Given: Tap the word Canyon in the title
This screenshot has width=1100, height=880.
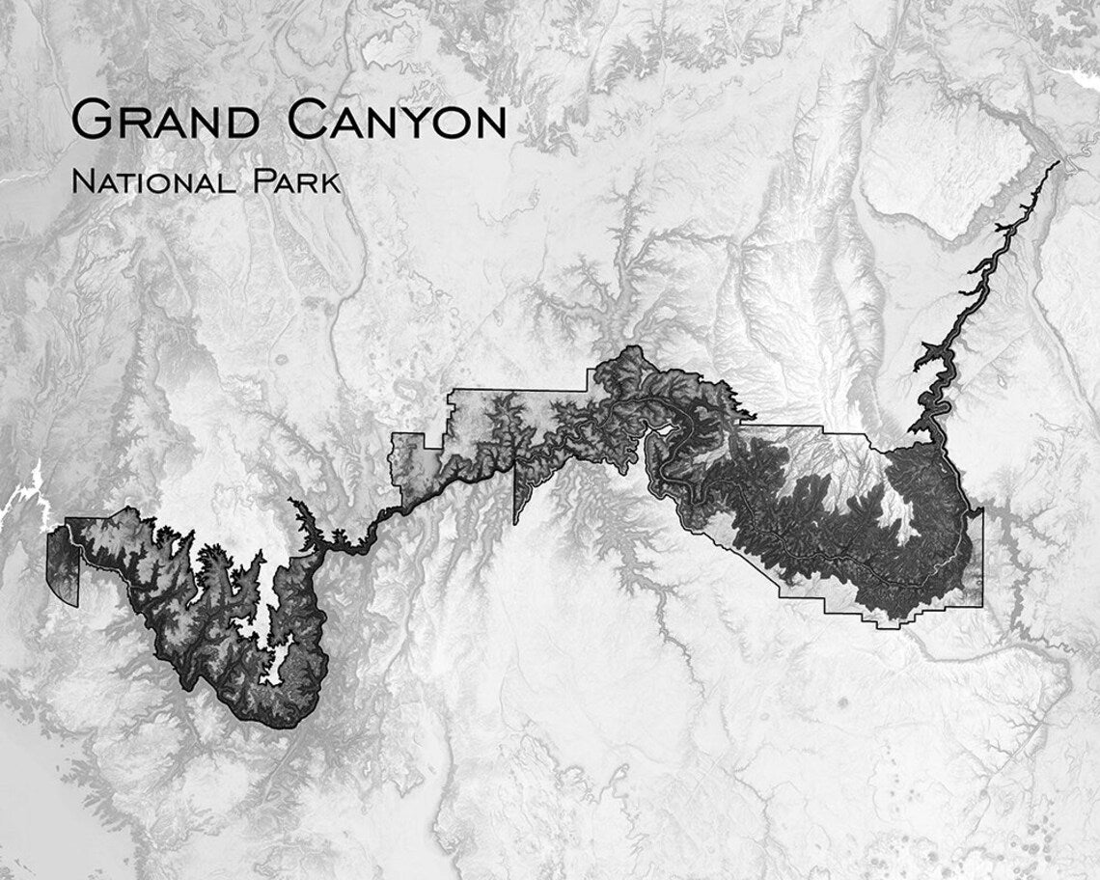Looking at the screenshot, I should tap(398, 123).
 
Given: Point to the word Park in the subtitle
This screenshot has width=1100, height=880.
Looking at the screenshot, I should tap(298, 181).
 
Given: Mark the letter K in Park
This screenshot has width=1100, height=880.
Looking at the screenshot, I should tap(331, 182).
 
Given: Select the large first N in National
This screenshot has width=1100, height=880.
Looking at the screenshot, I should tap(84, 181).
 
